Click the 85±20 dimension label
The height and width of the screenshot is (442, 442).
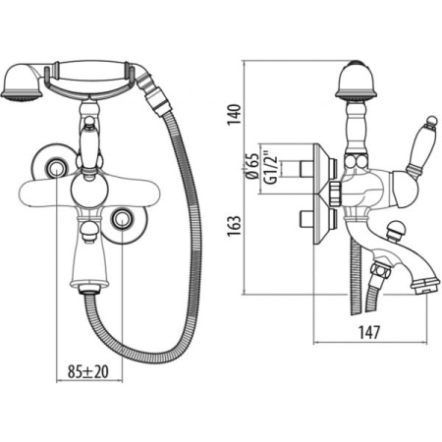coord(88,371)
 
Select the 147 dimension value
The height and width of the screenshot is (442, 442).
coord(369,332)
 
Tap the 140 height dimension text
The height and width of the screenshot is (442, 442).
coord(235,114)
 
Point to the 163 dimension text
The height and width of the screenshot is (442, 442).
coord(235,226)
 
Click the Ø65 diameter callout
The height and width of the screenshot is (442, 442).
coord(253,166)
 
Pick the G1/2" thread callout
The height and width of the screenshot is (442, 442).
coord(271,167)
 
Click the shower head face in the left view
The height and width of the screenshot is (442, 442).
coord(22,94)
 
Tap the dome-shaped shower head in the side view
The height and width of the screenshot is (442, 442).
coord(356,80)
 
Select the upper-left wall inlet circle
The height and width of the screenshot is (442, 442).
coord(55,169)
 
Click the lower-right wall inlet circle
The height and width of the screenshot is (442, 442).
coord(122,219)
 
